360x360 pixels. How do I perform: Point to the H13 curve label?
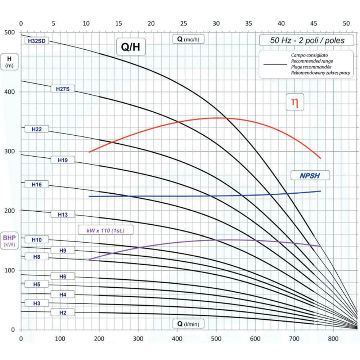click(x=63, y=215)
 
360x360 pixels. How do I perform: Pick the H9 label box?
click(x=63, y=250)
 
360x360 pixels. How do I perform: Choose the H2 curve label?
click(x=63, y=312)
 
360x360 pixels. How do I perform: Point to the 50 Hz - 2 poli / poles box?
click(x=307, y=40)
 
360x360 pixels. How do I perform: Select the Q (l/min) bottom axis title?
click(x=188, y=324)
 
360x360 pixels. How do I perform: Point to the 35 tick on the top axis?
click(x=249, y=24)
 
